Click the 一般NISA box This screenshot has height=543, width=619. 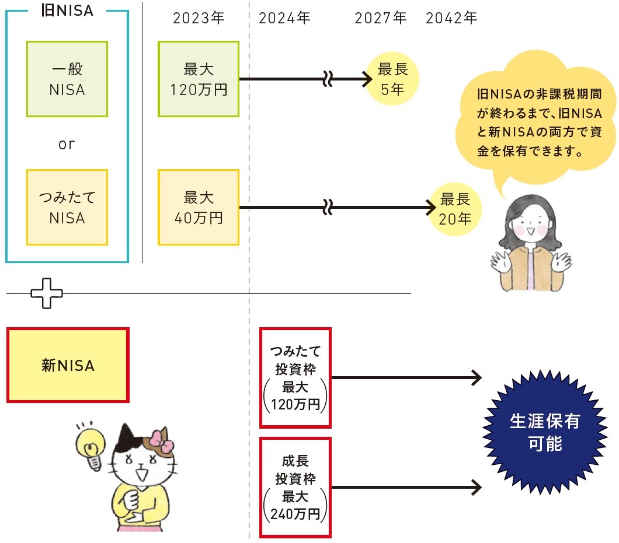click(67, 79)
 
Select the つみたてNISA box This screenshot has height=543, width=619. click(67, 207)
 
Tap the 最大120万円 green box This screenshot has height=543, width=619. click(199, 79)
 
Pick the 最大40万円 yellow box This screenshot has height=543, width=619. click(199, 207)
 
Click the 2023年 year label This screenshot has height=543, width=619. click(199, 18)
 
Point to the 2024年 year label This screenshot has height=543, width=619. click(284, 18)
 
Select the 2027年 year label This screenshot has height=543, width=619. click(380, 18)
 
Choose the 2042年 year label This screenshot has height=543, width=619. click(451, 18)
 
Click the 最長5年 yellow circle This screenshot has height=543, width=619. click(392, 79)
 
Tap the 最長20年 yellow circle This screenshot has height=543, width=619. click(455, 209)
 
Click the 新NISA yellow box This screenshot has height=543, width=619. click(68, 365)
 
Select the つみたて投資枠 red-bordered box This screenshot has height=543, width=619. click(295, 377)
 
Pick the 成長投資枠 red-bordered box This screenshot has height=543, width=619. click(295, 487)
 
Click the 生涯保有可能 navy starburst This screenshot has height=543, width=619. click(545, 432)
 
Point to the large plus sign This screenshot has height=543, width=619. click(47, 293)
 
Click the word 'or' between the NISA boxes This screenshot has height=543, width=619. click(67, 143)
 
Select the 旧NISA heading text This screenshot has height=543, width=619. click(68, 10)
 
